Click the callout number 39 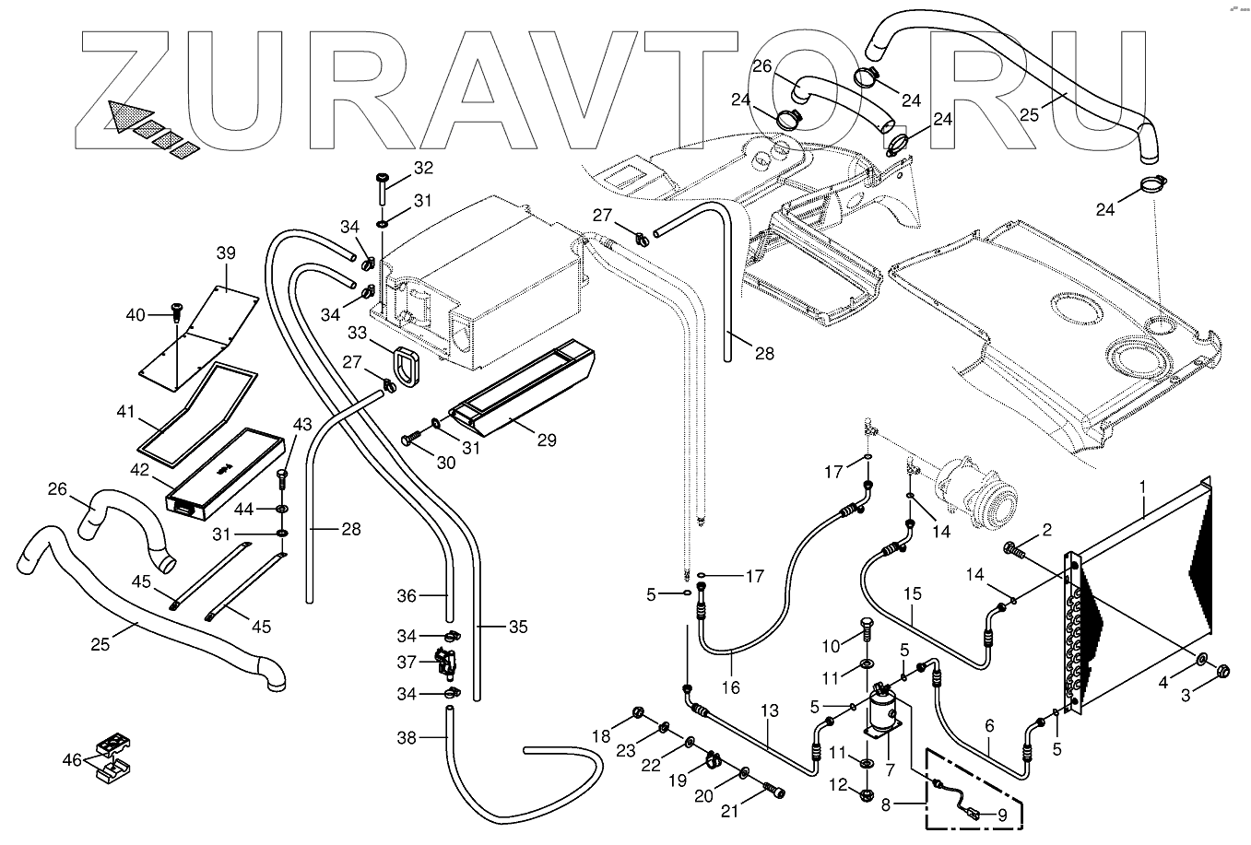(226, 253)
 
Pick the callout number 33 (358, 332)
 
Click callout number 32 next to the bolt (422, 168)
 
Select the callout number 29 (547, 440)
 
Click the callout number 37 (407, 662)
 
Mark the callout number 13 (770, 710)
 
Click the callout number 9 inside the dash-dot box (1001, 815)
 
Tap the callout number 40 (136, 315)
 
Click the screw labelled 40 (173, 312)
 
